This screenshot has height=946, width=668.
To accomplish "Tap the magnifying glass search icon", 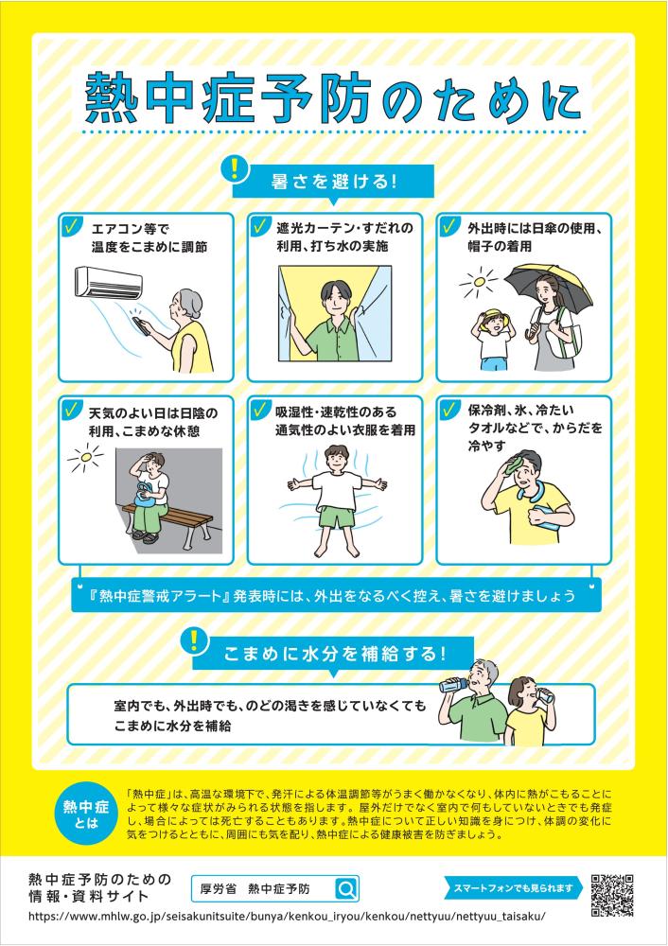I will click(x=347, y=888).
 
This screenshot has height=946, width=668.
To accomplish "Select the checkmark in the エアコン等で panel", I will click(x=72, y=227).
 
